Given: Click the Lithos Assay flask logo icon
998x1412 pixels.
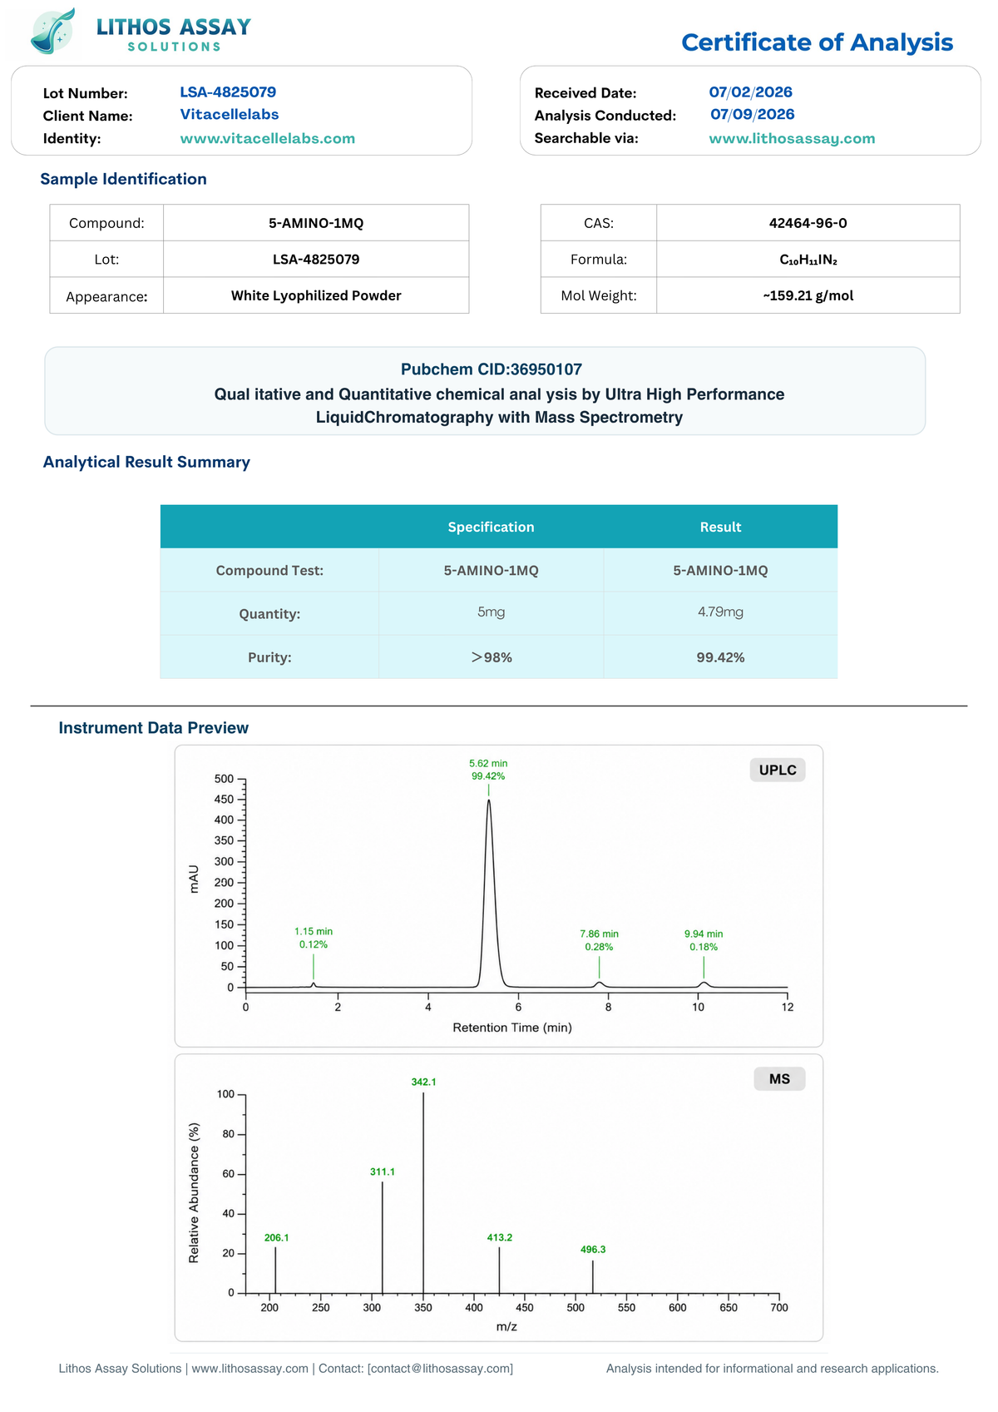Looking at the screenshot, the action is (53, 31).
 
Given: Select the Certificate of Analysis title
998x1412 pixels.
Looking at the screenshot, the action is (817, 42).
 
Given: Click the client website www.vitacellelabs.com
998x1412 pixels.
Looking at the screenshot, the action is (267, 138).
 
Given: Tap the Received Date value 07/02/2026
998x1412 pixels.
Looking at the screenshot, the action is (750, 92).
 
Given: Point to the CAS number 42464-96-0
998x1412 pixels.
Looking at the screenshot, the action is (808, 223).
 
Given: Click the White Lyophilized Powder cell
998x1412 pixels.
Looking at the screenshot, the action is (316, 295).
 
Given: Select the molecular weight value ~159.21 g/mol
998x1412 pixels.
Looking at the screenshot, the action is (808, 295).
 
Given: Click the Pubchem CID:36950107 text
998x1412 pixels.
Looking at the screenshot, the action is (492, 369).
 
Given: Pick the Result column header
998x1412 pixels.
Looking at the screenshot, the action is (720, 527).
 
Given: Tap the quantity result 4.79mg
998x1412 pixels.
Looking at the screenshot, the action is (720, 612).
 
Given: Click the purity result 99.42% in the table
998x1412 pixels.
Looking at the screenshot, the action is (720, 657).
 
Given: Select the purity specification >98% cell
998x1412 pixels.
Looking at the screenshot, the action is (492, 657).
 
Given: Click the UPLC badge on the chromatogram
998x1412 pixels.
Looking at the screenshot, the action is (778, 770).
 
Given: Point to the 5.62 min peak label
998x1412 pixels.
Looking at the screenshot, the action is (488, 763).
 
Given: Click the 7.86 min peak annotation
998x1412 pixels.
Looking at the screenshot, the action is (599, 934).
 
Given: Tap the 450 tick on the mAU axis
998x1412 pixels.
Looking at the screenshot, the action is (224, 800).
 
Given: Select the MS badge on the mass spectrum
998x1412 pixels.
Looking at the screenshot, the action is (779, 1078).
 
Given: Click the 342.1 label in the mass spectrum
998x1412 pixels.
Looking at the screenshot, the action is (423, 1082).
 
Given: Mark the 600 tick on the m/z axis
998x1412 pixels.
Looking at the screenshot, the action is (677, 1307).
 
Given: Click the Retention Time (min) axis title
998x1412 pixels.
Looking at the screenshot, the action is (512, 1028).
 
